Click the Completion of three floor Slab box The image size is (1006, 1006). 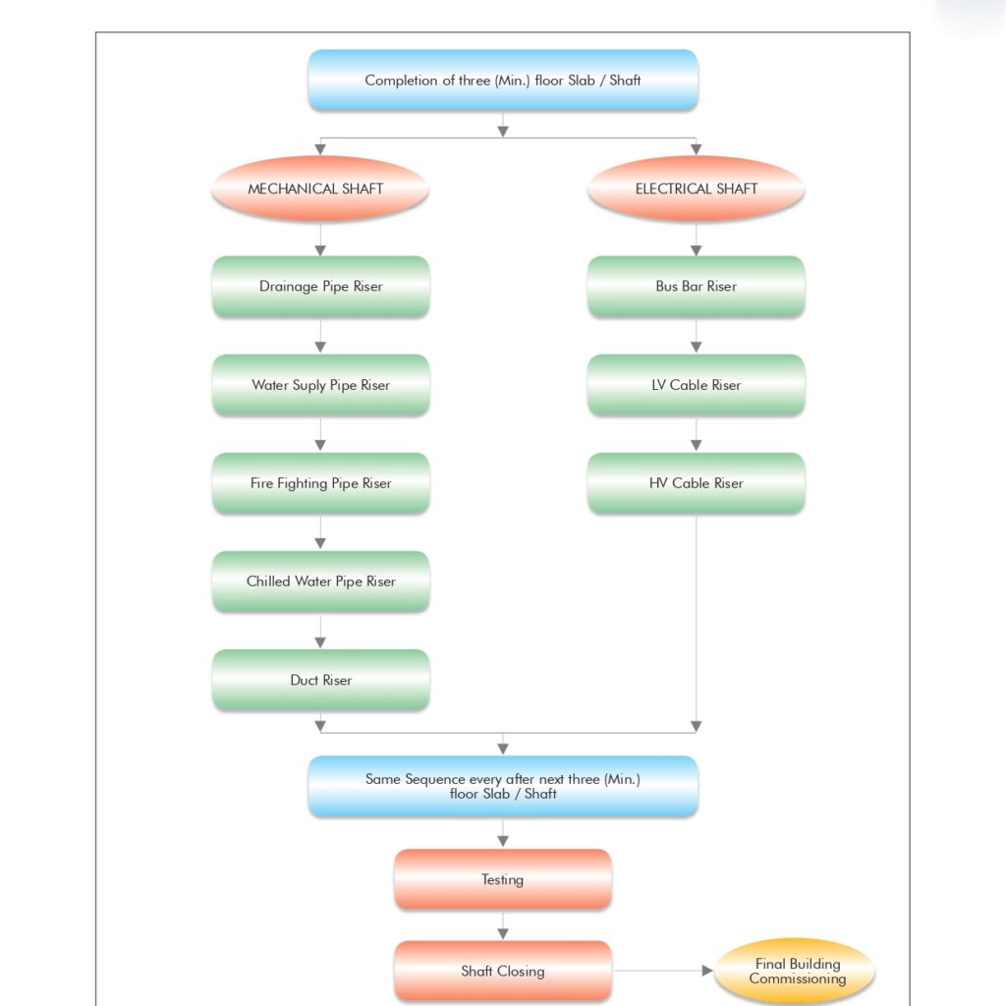[x=503, y=81]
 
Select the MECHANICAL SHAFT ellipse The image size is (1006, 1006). [x=320, y=189]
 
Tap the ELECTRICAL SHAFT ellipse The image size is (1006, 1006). [x=697, y=189]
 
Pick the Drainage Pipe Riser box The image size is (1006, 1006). [x=321, y=286]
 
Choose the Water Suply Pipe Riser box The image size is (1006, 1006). [x=321, y=385]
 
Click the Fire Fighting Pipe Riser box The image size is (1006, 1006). [x=321, y=483]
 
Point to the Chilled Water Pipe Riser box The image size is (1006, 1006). [x=321, y=582]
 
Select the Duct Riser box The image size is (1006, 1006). [x=321, y=680]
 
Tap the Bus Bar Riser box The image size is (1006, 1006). [x=697, y=286]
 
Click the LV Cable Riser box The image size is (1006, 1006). [x=697, y=385]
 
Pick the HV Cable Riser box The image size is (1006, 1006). [x=697, y=483]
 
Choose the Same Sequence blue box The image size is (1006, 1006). [x=503, y=786]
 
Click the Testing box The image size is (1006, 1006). [x=503, y=879]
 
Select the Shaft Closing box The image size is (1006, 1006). [x=503, y=971]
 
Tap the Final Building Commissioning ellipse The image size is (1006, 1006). [x=795, y=971]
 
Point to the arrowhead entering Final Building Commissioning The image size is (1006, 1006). [x=707, y=971]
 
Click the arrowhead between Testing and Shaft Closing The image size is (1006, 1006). [x=503, y=933]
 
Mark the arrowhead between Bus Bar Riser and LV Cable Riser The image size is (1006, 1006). [x=697, y=347]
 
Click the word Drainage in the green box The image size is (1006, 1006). [x=289, y=287]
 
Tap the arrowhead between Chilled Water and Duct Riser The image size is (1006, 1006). [x=320, y=643]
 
